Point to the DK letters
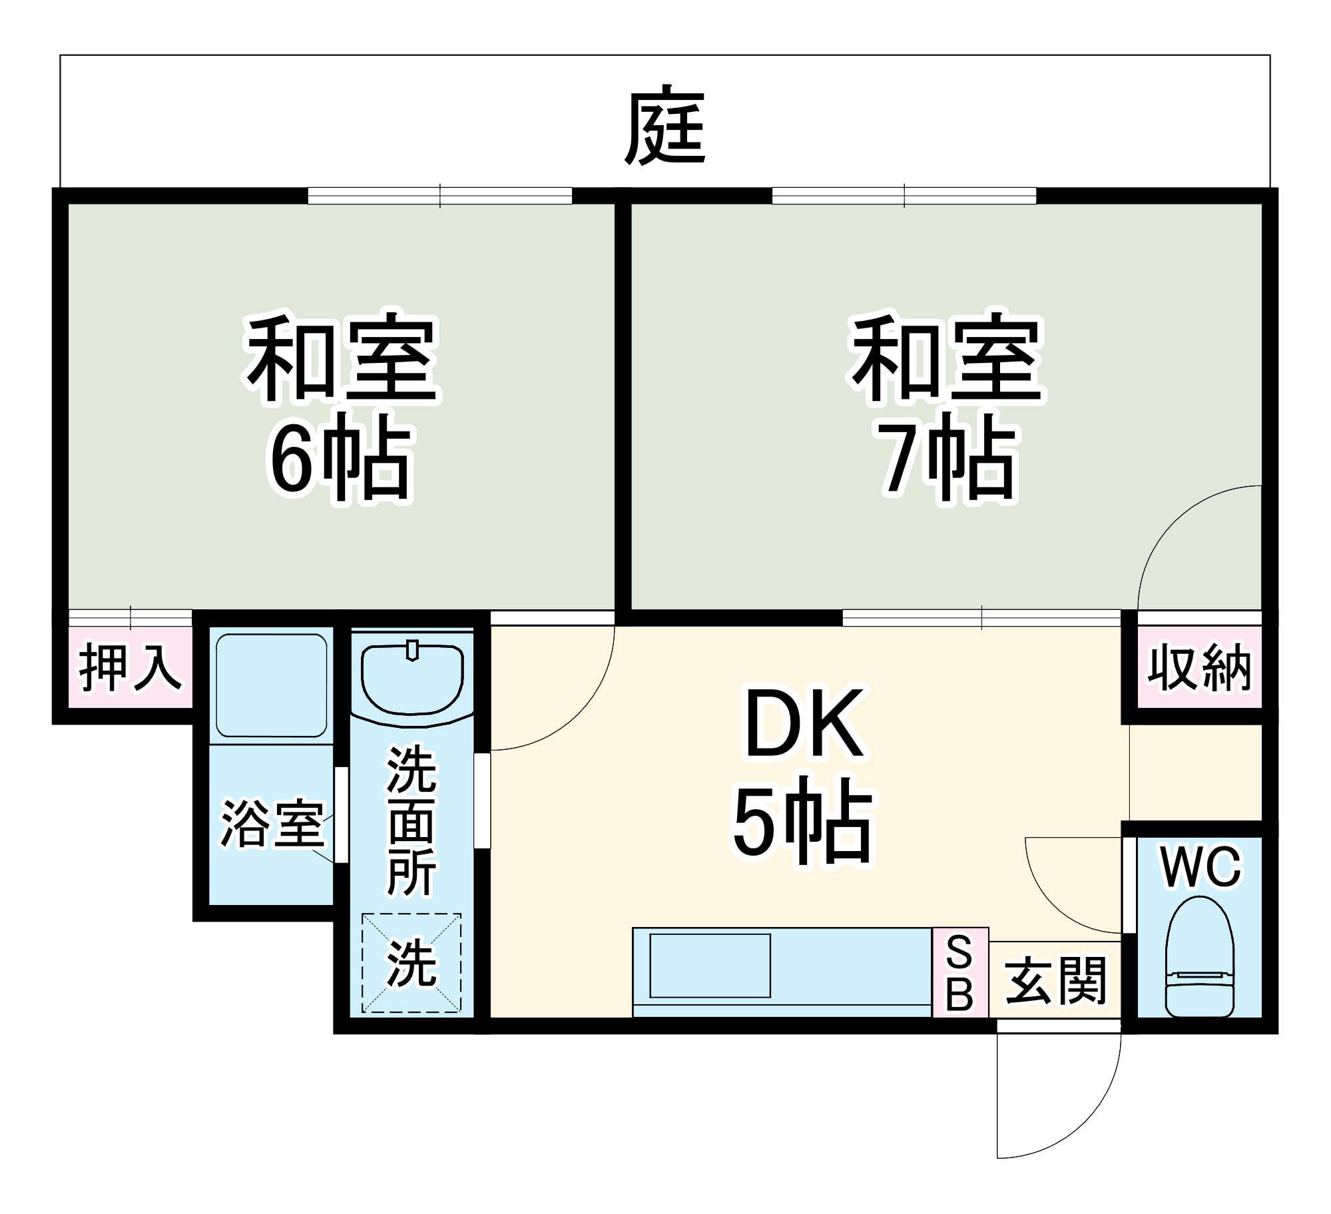804,725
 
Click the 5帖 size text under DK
803,820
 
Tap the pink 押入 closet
131,667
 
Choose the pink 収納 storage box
1199,667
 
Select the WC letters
1201,867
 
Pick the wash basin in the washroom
411,679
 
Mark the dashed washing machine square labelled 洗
411,963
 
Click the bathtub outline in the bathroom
272,685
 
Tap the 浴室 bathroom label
272,824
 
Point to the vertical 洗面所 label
411,820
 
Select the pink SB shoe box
959,972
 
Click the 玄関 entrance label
1055,980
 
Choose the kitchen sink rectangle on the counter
710,966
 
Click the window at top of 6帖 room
439,196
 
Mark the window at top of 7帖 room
904,196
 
